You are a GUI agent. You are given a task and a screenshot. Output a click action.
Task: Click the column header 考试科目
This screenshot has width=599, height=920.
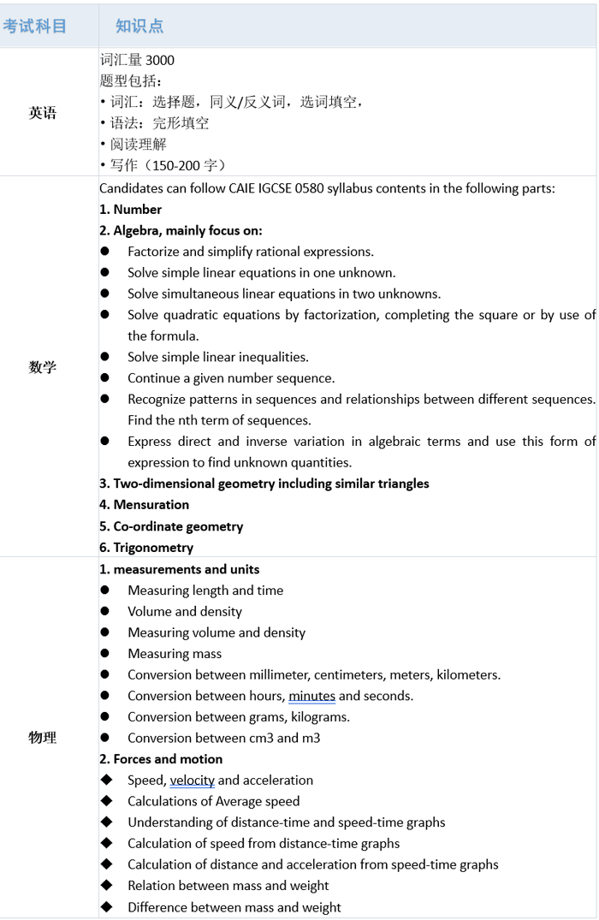pyautogui.click(x=35, y=26)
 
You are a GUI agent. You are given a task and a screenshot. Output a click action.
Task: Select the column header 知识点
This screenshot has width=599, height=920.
pyautogui.click(x=139, y=26)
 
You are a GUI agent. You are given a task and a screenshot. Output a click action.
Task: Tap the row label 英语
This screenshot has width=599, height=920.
pyautogui.click(x=43, y=113)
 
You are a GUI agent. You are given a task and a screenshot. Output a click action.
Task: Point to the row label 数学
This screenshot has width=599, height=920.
pyautogui.click(x=43, y=367)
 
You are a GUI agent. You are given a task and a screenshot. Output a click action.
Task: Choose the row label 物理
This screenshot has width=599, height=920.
pyautogui.click(x=43, y=738)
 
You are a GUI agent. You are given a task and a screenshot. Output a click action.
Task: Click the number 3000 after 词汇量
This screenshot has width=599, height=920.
pyautogui.click(x=160, y=60)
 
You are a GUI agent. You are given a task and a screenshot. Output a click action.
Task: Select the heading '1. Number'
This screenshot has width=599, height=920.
pyautogui.click(x=130, y=210)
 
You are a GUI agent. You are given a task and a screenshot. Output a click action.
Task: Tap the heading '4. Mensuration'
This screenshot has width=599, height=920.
pyautogui.click(x=144, y=505)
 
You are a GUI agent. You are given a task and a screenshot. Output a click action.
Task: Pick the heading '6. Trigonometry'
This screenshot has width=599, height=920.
pyautogui.click(x=146, y=548)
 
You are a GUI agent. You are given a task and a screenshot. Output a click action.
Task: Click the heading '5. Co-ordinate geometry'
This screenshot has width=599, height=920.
pyautogui.click(x=171, y=526)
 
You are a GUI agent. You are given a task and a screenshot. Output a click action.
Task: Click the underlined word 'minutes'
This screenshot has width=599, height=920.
pyautogui.click(x=311, y=696)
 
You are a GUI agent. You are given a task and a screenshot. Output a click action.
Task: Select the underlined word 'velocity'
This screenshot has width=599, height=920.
pyautogui.click(x=192, y=780)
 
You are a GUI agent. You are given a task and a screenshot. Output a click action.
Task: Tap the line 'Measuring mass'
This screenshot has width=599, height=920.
pyautogui.click(x=175, y=654)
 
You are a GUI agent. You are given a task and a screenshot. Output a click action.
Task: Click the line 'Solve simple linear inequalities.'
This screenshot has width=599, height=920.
pyautogui.click(x=218, y=357)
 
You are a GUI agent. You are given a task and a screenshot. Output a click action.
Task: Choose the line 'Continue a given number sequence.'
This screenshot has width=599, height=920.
pyautogui.click(x=231, y=378)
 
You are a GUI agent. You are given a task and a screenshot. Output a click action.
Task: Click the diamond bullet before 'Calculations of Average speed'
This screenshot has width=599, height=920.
pyautogui.click(x=106, y=801)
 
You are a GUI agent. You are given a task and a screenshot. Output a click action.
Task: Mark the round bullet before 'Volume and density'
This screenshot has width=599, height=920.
pyautogui.click(x=105, y=611)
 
